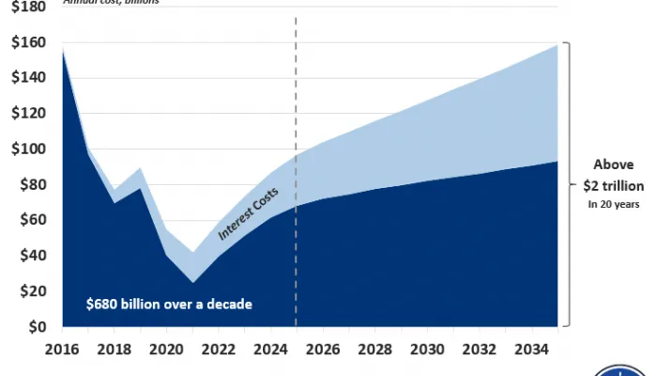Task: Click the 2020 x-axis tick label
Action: pos(166,348)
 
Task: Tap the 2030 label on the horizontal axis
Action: pos(427,348)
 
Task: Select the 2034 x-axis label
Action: pos(532,348)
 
